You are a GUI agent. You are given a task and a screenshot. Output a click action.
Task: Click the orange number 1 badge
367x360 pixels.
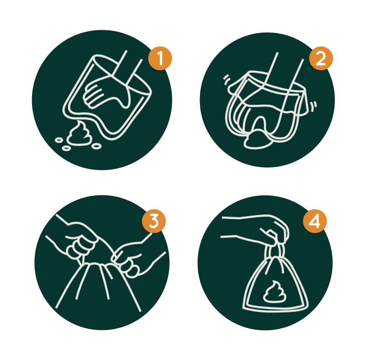[160, 58]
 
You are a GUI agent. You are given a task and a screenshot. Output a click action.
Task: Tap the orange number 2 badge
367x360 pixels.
[321, 58]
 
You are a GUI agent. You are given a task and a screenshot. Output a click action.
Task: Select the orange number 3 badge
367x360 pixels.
[154, 221]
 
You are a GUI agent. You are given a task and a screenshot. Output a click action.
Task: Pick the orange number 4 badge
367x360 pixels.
[315, 221]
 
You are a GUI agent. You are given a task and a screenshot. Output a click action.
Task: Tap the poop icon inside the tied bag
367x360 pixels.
[275, 292]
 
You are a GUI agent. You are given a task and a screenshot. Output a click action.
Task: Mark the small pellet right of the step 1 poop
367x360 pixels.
[96, 146]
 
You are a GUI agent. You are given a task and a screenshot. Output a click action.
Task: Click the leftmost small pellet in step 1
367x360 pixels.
[59, 140]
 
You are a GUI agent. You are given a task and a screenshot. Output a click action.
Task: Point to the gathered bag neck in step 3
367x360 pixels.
[97, 266]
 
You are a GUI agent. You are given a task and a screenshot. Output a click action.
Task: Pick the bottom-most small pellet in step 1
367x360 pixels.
[67, 148]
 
